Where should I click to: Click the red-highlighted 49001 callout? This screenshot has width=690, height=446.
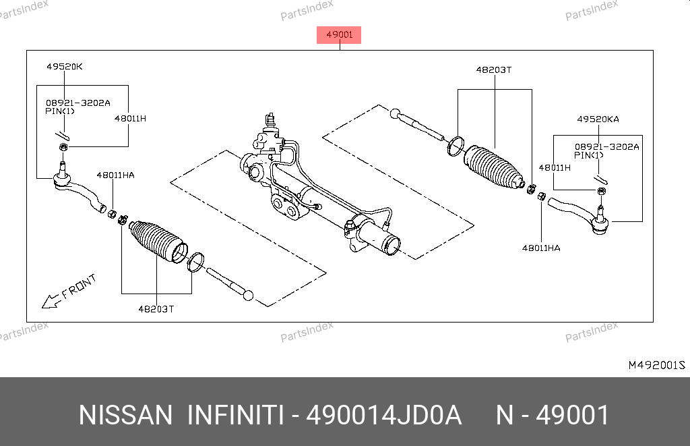click(x=339, y=35)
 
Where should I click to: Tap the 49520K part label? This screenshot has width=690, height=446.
click(x=65, y=67)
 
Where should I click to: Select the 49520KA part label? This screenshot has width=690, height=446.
click(x=598, y=119)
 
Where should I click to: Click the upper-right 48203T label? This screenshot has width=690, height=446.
click(x=494, y=69)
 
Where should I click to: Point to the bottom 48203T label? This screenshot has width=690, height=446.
click(x=156, y=309)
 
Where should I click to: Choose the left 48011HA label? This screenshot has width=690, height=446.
click(x=115, y=175)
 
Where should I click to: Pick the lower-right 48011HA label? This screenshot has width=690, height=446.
click(x=541, y=248)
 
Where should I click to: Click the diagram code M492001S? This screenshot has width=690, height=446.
click(x=656, y=365)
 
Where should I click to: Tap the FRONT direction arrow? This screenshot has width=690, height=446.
click(x=51, y=301)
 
